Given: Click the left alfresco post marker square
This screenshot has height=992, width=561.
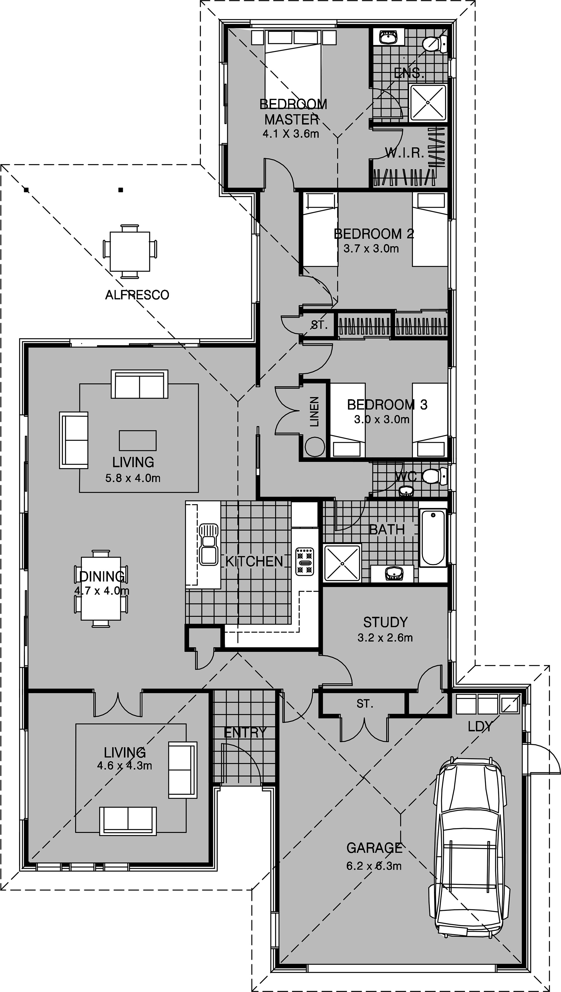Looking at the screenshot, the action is pos(26,190).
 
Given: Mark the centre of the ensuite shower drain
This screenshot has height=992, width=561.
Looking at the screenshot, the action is pos(428,102).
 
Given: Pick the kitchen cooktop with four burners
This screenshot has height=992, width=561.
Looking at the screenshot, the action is pos(305,562).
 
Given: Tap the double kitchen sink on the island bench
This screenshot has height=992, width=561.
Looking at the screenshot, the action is pos(208,544).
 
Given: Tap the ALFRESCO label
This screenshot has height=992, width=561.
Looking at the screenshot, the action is pos(137,295).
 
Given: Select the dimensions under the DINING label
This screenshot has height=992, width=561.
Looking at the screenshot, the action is pos(102,591).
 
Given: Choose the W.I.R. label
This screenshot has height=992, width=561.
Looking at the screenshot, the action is pos(404,153).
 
